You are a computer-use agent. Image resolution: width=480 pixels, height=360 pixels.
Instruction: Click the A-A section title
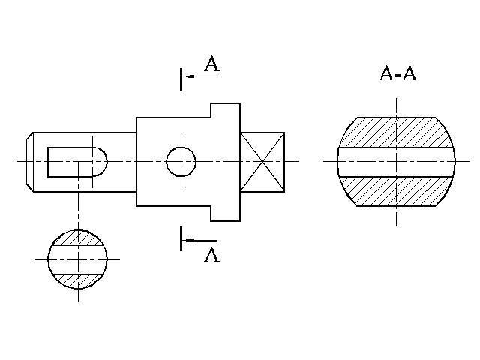398,73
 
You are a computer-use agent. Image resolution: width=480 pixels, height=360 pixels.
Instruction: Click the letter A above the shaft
211,65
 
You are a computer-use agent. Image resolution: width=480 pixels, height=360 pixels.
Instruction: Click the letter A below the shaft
212,255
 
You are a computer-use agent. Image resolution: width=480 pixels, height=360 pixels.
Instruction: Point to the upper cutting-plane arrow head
190,76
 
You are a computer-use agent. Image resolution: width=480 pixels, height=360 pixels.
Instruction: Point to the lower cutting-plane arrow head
190,240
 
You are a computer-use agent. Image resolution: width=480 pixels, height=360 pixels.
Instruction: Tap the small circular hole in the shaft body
181,161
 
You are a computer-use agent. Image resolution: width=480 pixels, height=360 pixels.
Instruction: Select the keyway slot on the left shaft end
75,161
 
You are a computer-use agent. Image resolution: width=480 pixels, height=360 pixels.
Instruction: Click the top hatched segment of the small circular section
78,238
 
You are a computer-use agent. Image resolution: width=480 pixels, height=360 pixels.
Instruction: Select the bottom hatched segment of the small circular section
78,279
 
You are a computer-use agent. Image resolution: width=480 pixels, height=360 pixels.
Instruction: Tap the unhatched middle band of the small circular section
78,259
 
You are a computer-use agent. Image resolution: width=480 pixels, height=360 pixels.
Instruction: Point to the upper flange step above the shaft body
225,110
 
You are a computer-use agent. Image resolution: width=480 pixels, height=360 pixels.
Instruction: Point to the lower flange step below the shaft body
225,213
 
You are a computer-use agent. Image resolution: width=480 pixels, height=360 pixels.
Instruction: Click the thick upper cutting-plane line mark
181,78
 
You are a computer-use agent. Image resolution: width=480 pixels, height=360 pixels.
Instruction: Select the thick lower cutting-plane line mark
181,238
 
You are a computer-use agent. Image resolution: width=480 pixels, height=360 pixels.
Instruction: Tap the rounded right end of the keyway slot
100,161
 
